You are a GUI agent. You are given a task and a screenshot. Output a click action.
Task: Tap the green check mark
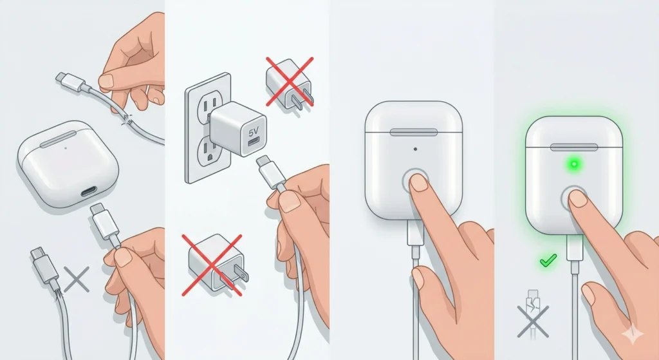tap(548, 261)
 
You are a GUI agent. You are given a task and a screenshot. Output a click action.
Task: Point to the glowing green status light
tap(572, 164)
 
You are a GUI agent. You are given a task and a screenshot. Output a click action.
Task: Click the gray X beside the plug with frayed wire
tap(76, 279)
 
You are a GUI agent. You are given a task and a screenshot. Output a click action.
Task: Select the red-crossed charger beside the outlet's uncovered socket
tap(288, 82)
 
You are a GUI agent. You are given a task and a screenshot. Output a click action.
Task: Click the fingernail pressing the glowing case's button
tap(579, 198)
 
